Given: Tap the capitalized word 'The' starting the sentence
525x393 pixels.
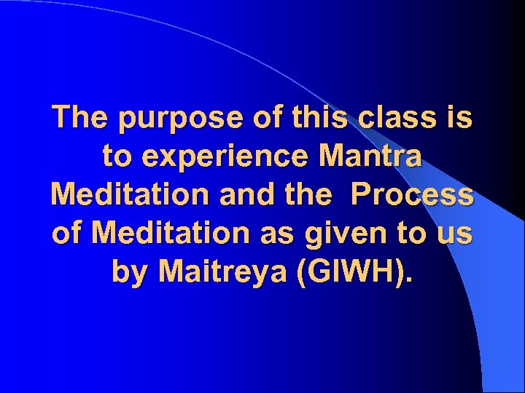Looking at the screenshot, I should point(78,116).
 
